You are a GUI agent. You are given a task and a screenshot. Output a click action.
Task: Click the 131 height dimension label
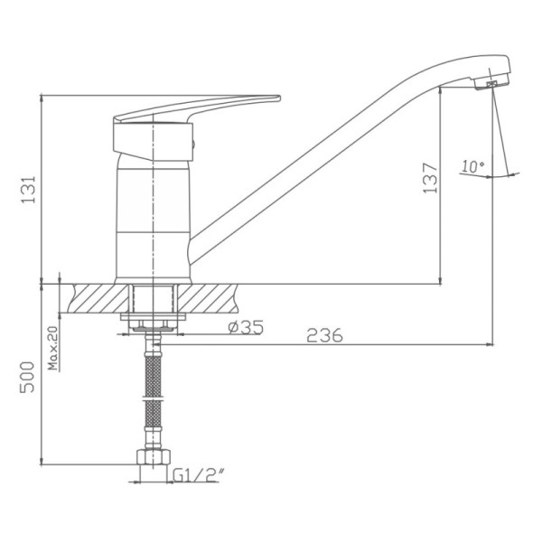click(28, 190)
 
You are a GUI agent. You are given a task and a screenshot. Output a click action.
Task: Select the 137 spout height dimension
click(431, 178)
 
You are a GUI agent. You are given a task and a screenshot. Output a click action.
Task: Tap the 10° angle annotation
click(472, 166)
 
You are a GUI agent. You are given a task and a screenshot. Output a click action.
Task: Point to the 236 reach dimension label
click(324, 335)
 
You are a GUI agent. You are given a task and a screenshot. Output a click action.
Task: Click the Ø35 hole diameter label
click(246, 327)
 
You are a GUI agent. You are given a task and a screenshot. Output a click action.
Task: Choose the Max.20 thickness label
click(53, 348)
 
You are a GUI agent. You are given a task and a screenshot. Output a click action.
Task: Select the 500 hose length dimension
click(28, 377)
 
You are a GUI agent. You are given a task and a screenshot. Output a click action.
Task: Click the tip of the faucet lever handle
click(279, 98)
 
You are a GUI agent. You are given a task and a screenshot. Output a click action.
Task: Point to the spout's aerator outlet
click(491, 84)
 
